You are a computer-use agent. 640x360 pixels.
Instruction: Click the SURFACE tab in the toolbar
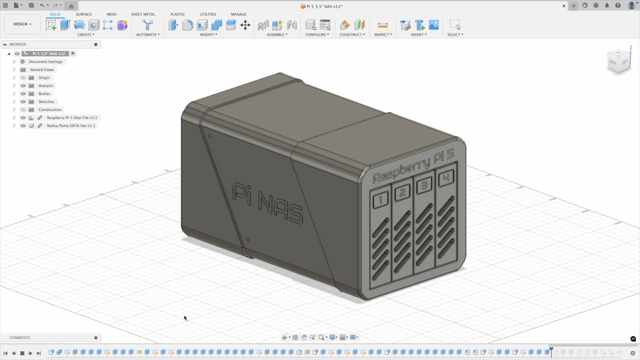tap(84, 14)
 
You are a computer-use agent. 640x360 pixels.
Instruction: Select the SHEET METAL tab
tap(143, 14)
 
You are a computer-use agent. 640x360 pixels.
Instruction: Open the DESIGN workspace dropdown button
tap(22, 24)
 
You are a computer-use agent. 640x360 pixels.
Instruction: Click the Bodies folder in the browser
tap(44, 94)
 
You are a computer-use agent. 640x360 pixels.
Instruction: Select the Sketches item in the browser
tap(46, 102)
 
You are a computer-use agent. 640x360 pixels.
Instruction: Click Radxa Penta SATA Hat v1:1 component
tap(71, 126)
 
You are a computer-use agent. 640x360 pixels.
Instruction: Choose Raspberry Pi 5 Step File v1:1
tap(72, 118)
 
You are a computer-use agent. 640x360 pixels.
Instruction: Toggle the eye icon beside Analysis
tap(23, 86)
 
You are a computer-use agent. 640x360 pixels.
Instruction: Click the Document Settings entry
tap(45, 62)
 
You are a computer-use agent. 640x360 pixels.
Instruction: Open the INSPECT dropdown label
tap(383, 35)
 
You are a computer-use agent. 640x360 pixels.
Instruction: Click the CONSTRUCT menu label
tap(352, 35)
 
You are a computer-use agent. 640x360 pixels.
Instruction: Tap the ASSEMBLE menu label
tap(277, 35)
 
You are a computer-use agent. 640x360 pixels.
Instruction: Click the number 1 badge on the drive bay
tap(380, 200)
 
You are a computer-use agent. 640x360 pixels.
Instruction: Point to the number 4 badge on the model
tap(446, 178)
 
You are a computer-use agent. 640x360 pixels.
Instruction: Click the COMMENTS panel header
tap(20, 337)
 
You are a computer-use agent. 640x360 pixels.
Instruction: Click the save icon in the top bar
tap(31, 5)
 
